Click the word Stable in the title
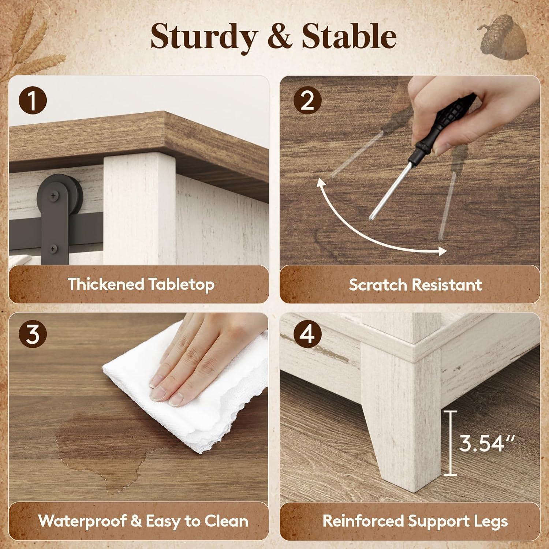(349, 37)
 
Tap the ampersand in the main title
(279, 37)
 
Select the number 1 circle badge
(33, 101)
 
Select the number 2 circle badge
(307, 101)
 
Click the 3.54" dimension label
(487, 444)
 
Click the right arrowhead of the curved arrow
(441, 251)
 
